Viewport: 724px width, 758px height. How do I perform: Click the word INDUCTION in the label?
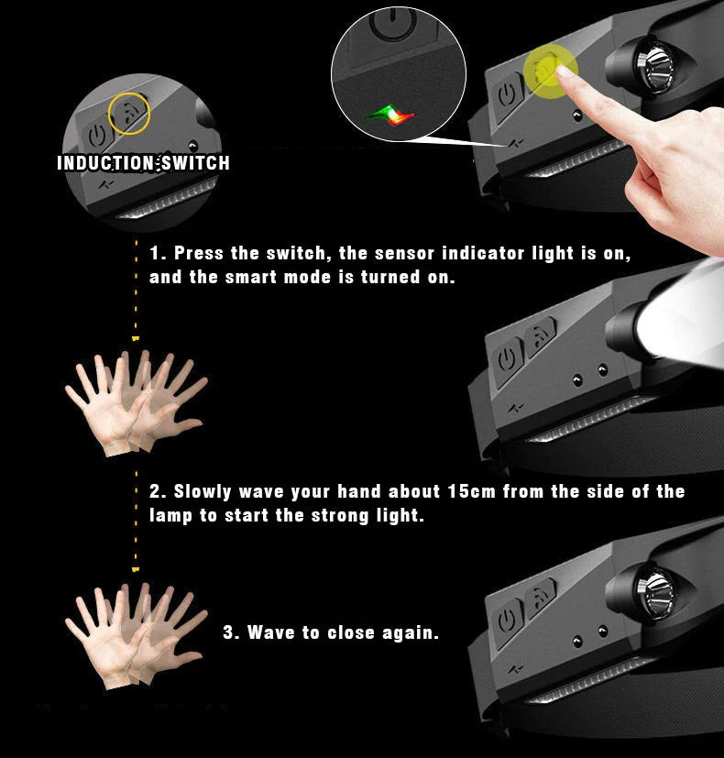(105, 163)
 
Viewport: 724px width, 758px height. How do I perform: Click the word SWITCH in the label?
(195, 163)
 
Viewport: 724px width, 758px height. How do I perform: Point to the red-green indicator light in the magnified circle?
(390, 115)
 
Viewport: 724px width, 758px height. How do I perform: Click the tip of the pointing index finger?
(561, 71)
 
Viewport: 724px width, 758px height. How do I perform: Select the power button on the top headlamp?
(507, 94)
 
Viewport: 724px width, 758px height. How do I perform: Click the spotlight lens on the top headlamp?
(656, 68)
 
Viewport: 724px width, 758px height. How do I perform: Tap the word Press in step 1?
(199, 253)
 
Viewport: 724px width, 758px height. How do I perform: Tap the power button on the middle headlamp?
(507, 359)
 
